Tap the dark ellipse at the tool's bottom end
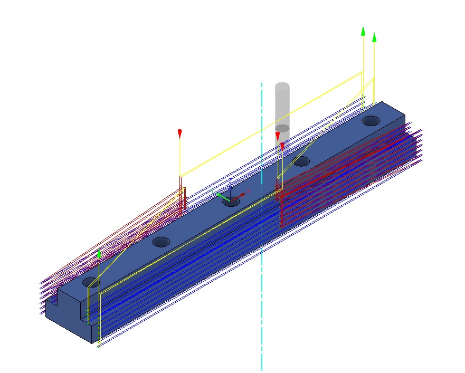(283, 128)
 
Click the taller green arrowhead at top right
(363, 31)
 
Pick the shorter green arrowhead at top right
(374, 37)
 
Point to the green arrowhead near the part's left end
(99, 253)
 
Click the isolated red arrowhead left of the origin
(180, 132)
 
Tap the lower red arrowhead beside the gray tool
(282, 145)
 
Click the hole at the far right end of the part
(371, 121)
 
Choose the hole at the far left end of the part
(90, 282)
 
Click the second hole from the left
(161, 242)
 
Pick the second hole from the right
(301, 161)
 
